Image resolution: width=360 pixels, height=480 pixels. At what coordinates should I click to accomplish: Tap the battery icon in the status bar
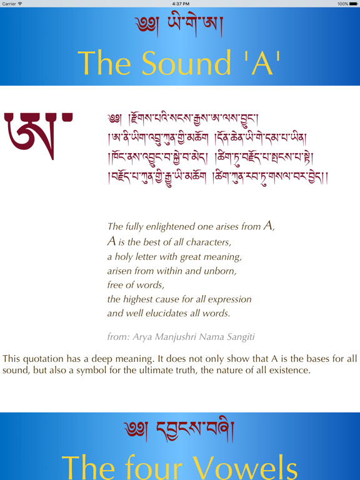click(351, 4)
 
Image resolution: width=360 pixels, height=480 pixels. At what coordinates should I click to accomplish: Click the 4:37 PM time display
click(180, 4)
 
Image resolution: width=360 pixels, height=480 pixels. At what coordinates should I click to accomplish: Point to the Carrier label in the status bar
click(9, 4)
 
